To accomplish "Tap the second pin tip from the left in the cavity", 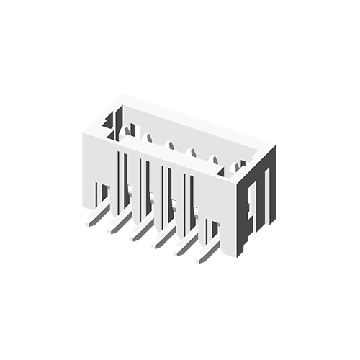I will (150, 138).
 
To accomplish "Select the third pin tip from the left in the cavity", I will (171, 146).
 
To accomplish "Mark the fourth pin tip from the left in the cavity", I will (192, 153).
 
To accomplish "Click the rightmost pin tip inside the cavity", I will (235, 168).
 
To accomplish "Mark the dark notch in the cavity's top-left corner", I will (110, 121).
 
